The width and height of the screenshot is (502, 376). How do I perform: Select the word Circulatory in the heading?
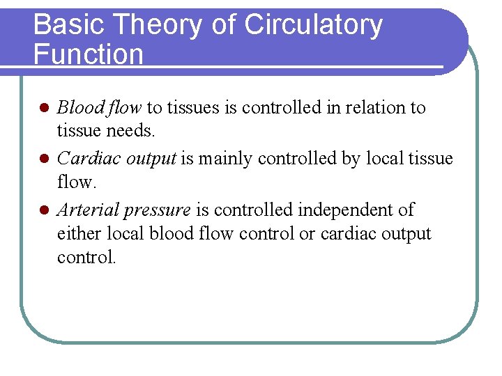tap(313, 25)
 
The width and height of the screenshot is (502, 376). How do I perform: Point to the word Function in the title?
tap(88, 54)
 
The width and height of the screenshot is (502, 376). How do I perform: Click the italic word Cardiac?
tap(82, 159)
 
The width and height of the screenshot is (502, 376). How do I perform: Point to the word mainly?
tap(225, 159)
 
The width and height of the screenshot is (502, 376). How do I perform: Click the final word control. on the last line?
tap(86, 257)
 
